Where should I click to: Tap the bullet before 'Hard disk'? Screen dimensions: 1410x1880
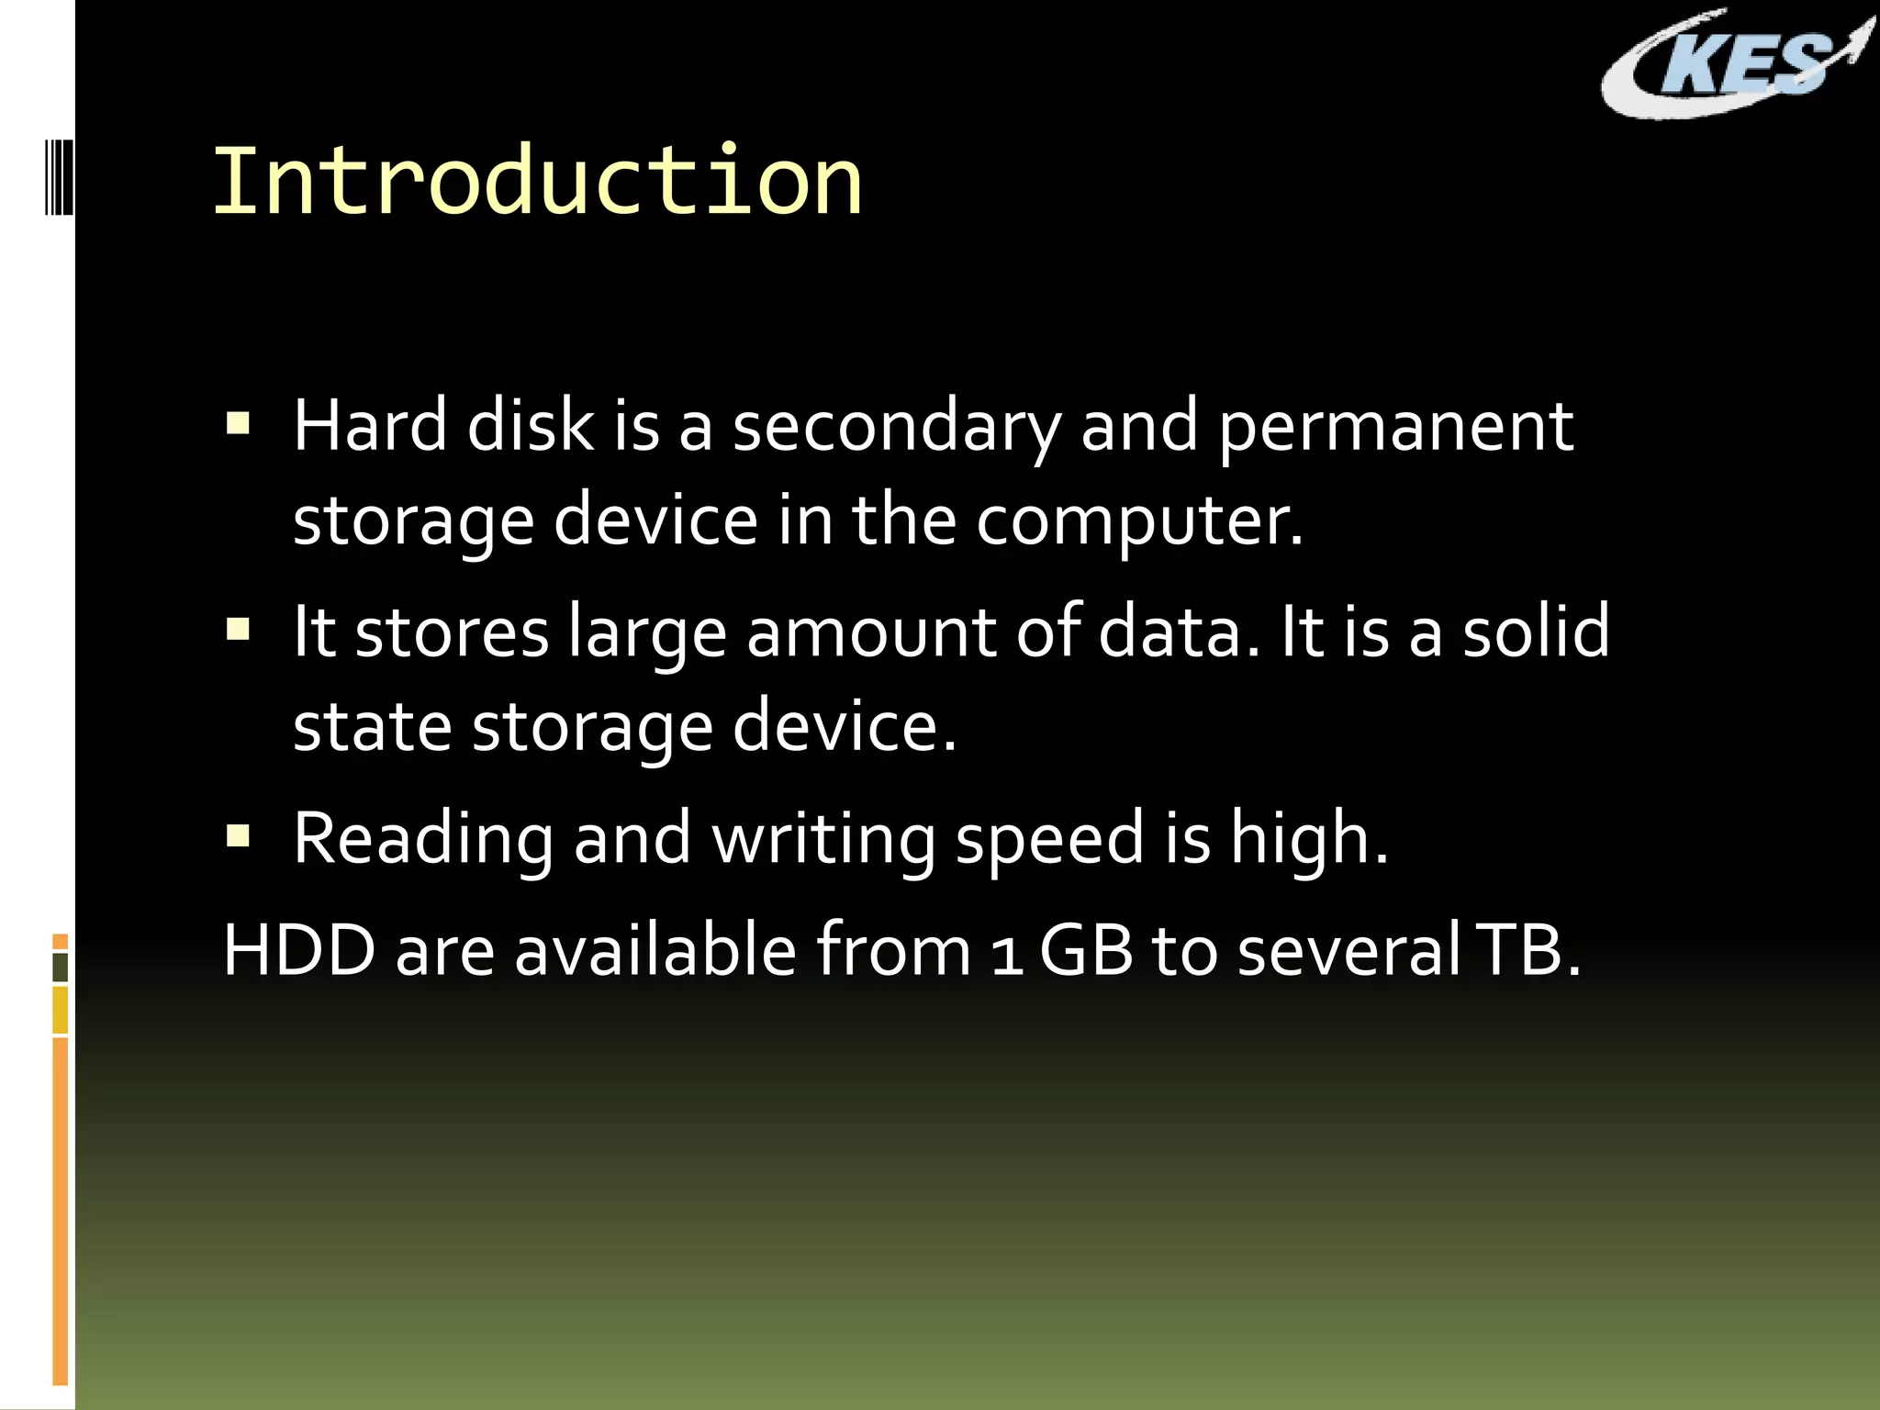point(239,424)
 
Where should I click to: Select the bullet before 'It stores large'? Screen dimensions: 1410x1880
point(239,631)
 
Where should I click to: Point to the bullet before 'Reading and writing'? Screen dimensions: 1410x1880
point(239,836)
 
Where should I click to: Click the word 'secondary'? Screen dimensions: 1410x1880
point(896,428)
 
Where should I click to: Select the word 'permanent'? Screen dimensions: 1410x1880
point(1395,428)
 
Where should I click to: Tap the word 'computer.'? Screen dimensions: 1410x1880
point(1138,521)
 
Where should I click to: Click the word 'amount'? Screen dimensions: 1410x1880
point(870,633)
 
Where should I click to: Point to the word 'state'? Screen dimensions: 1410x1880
point(372,727)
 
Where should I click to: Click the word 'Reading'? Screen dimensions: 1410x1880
point(423,840)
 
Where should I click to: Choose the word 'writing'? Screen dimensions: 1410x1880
point(823,840)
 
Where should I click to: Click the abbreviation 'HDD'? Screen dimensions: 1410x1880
point(299,951)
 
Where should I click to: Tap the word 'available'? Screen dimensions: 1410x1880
point(655,951)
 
